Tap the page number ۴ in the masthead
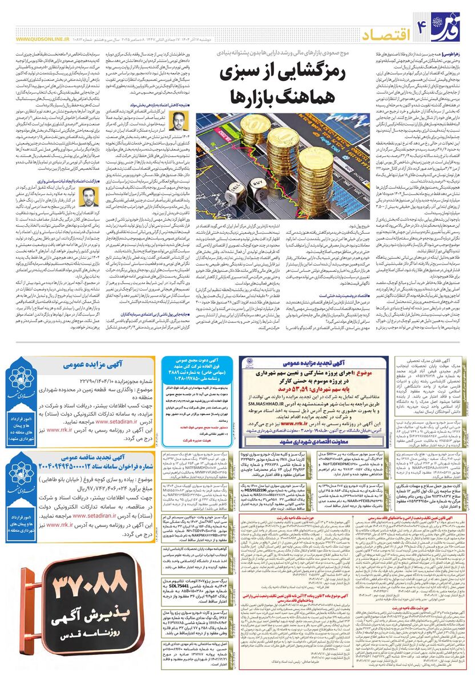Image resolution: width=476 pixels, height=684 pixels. coord(423,23)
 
